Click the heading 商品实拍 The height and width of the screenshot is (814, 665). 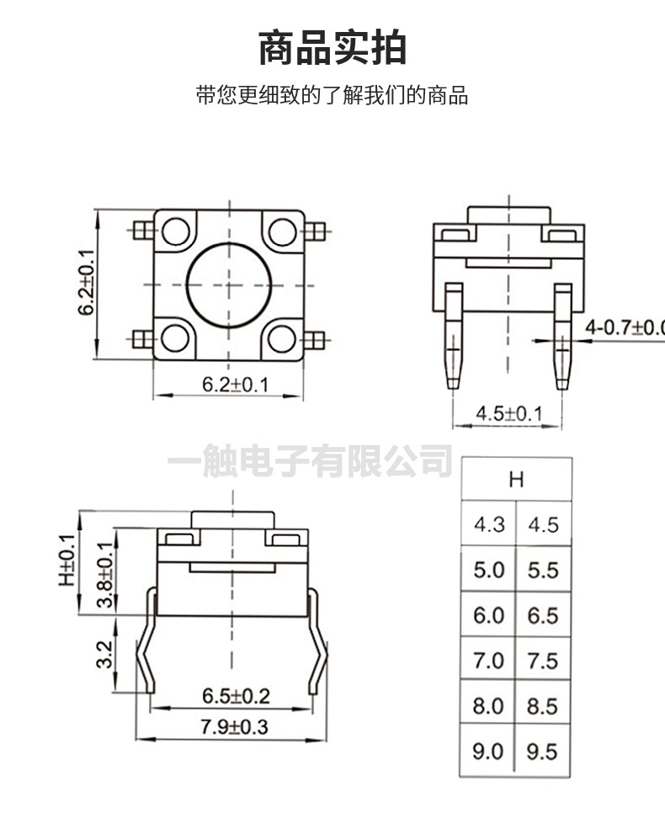(332, 48)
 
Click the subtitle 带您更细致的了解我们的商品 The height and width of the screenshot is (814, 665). (332, 95)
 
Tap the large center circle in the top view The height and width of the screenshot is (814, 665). (227, 284)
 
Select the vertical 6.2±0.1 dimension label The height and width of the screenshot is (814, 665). (86, 284)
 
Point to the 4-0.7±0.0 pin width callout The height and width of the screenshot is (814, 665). (624, 327)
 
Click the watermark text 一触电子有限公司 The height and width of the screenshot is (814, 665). (310, 460)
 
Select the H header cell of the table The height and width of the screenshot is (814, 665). (516, 480)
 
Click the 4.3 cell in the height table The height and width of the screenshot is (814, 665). (488, 525)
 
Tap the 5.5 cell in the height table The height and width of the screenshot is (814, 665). (543, 570)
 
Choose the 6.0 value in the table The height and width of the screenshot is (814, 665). (488, 615)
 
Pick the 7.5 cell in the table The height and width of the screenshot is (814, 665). (543, 661)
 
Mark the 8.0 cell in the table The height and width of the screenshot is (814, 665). (488, 705)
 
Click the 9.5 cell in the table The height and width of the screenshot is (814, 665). (543, 751)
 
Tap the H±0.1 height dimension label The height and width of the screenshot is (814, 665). (66, 561)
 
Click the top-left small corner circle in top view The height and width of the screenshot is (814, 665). (175, 230)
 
